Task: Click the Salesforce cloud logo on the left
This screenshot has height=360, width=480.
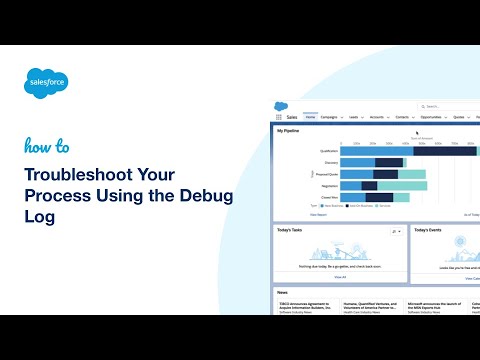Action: (45, 83)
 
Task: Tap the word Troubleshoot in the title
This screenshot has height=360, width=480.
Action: (78, 176)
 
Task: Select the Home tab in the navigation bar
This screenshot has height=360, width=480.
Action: (310, 116)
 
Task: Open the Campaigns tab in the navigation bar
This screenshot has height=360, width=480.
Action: (332, 116)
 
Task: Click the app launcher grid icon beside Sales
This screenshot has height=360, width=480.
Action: (279, 116)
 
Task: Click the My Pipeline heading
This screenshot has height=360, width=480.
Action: (288, 130)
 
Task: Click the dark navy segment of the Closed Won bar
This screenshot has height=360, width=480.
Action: (382, 198)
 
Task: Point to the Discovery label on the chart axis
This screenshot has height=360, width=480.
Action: (331, 163)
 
